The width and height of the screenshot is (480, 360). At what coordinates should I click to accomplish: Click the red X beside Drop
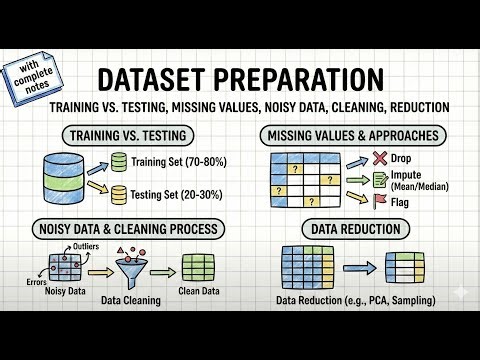[x=379, y=158]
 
